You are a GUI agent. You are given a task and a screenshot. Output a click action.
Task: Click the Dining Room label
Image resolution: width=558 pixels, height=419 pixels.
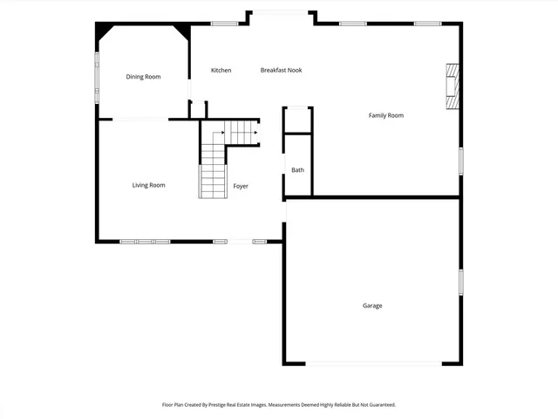(x=144, y=77)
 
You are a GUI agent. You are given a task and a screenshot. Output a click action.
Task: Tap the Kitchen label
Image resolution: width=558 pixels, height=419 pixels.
(x=221, y=70)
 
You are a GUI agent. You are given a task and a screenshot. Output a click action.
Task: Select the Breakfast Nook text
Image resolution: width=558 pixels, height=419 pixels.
(x=281, y=70)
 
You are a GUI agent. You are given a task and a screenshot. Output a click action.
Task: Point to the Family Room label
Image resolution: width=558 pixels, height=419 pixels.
(x=386, y=115)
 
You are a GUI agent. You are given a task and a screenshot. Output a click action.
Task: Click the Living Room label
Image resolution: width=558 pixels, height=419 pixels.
(x=148, y=185)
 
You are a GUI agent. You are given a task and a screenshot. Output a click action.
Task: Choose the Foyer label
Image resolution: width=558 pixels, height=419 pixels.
(x=241, y=186)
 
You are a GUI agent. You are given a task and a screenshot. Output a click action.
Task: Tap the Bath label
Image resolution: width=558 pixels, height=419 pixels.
(x=297, y=170)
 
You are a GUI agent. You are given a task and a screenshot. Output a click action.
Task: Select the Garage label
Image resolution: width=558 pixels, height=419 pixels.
(x=372, y=306)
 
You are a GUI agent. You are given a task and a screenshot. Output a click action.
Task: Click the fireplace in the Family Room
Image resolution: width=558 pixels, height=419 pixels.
(x=452, y=86)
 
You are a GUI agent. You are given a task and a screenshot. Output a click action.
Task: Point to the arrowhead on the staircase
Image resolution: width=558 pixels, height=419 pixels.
(x=255, y=134)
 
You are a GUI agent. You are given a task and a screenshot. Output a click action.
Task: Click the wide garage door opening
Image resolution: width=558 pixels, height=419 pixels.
(x=372, y=364)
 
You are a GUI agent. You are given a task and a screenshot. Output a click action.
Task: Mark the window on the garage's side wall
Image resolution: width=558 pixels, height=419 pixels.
(x=460, y=281)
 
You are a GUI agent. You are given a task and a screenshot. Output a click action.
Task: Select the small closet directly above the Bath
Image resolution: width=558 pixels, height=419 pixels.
(x=297, y=120)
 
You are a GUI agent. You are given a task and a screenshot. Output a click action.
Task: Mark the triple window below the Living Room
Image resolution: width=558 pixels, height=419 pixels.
(x=145, y=241)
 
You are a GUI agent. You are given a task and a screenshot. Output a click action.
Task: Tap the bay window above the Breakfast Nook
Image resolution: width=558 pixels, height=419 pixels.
(x=280, y=12)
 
